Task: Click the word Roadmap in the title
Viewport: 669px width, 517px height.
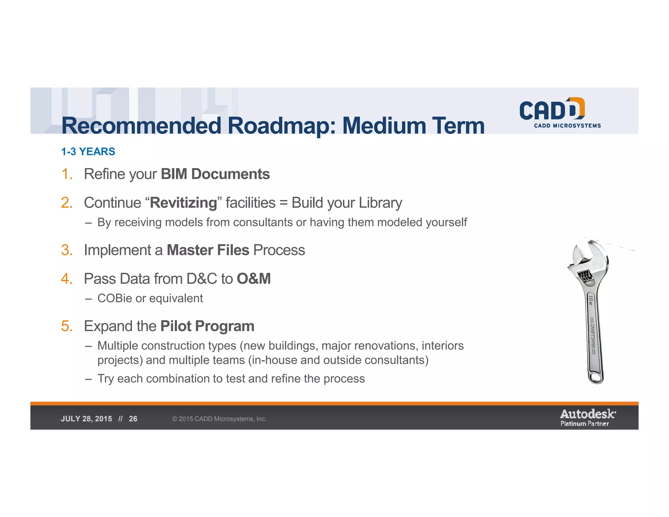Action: click(281, 125)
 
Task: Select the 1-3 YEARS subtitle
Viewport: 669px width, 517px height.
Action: click(88, 152)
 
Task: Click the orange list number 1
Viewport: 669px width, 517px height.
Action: click(66, 174)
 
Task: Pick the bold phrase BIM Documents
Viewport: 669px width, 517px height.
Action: click(215, 174)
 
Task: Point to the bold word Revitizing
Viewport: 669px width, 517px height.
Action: click(184, 203)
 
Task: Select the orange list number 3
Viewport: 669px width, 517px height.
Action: click(66, 250)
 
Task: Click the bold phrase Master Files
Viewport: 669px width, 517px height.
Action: click(208, 250)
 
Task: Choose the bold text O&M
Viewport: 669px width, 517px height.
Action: click(254, 279)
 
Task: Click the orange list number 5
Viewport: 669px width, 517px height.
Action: click(66, 326)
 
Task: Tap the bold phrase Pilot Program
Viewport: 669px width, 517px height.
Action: click(207, 326)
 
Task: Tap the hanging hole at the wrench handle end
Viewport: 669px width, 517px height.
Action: click(596, 378)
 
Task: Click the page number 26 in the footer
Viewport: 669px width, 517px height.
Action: click(133, 419)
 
